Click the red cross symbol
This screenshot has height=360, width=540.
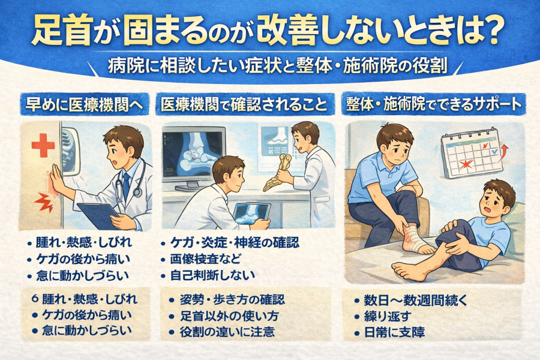43,145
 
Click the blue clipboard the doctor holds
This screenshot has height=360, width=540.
98,215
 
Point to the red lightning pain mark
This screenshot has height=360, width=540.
43,203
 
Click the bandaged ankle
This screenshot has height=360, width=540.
415,238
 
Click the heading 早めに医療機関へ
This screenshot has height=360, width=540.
85,104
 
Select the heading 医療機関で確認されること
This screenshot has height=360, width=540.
245,104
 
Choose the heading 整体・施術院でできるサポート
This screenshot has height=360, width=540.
434,104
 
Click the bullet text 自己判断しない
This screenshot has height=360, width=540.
212,275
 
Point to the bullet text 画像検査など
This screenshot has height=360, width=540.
206,259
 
